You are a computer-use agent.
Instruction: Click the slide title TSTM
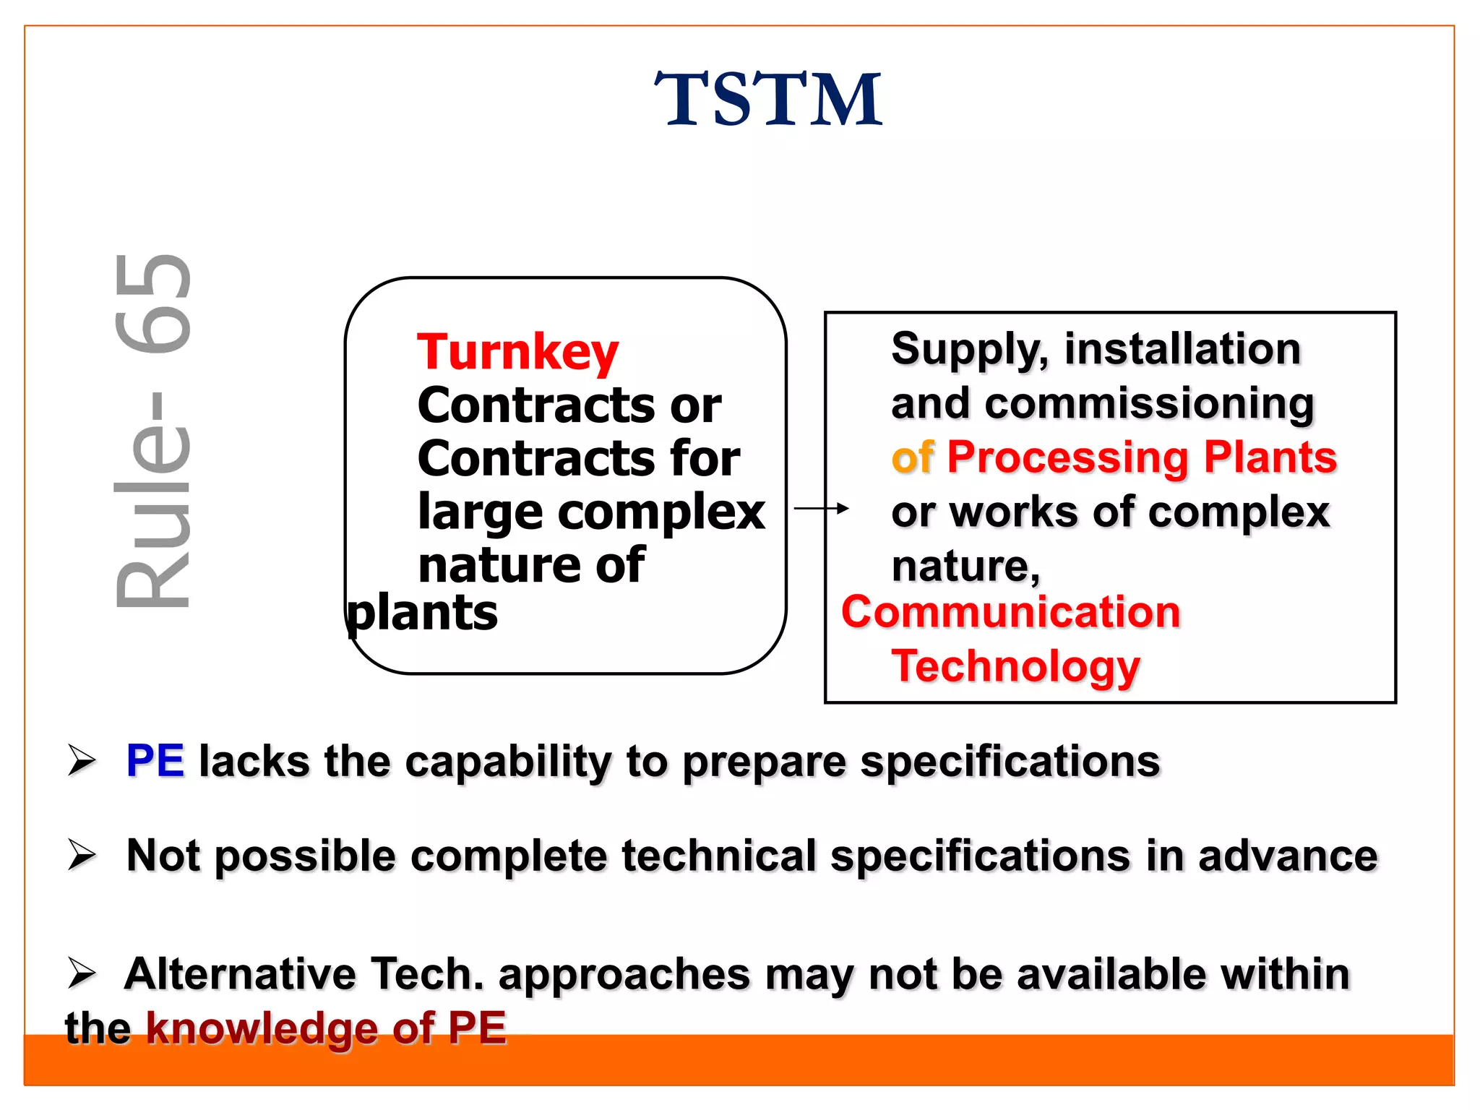pyautogui.click(x=767, y=100)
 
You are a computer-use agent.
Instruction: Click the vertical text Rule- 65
pyautogui.click(x=153, y=431)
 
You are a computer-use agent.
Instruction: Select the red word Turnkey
pyautogui.click(x=517, y=352)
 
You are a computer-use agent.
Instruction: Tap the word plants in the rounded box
pyautogui.click(x=423, y=614)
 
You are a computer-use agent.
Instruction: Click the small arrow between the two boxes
pyautogui.click(x=821, y=509)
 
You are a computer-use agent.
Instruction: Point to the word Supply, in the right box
pyautogui.click(x=969, y=350)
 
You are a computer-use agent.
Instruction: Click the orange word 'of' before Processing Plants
pyautogui.click(x=913, y=457)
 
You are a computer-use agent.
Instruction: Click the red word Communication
pyautogui.click(x=1010, y=613)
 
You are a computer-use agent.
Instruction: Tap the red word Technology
pyautogui.click(x=1015, y=666)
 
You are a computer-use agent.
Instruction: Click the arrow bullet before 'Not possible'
pyautogui.click(x=82, y=856)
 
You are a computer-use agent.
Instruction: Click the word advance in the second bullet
pyautogui.click(x=1287, y=856)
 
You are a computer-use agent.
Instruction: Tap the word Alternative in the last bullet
pyautogui.click(x=241, y=974)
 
